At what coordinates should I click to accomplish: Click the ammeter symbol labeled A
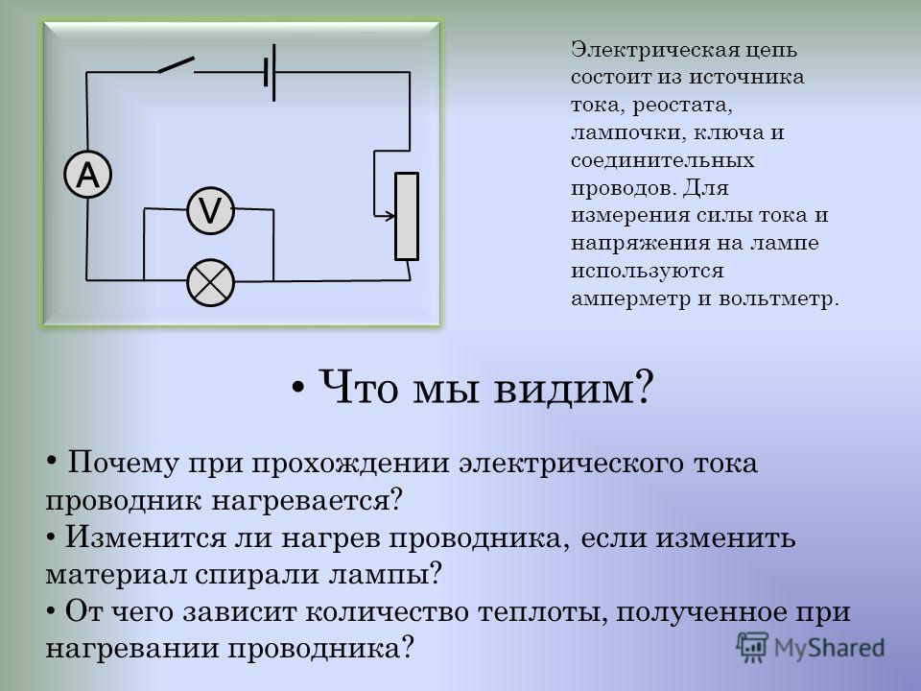(87, 175)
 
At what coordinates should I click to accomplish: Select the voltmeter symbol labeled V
(210, 210)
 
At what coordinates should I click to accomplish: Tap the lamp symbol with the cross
(210, 282)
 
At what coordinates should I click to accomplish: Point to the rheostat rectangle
(407, 216)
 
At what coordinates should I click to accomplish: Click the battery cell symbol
(270, 72)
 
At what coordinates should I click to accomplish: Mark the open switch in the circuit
(176, 65)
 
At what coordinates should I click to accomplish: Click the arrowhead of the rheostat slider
(391, 216)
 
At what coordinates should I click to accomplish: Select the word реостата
(683, 106)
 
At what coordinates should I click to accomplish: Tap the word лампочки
(627, 132)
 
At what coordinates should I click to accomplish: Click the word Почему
(123, 464)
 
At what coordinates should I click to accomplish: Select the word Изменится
(145, 537)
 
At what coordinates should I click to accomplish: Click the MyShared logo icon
(752, 648)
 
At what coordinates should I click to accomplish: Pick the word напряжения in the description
(640, 244)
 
